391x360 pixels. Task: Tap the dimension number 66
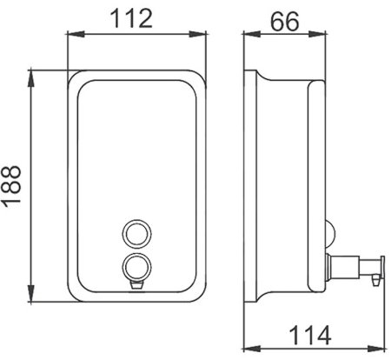[280, 20]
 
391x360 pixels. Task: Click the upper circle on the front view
[135, 232]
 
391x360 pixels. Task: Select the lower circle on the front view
[135, 265]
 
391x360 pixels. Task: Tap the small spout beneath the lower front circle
[135, 282]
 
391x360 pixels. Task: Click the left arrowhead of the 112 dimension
[73, 35]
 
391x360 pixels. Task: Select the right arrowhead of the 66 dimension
[319, 35]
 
